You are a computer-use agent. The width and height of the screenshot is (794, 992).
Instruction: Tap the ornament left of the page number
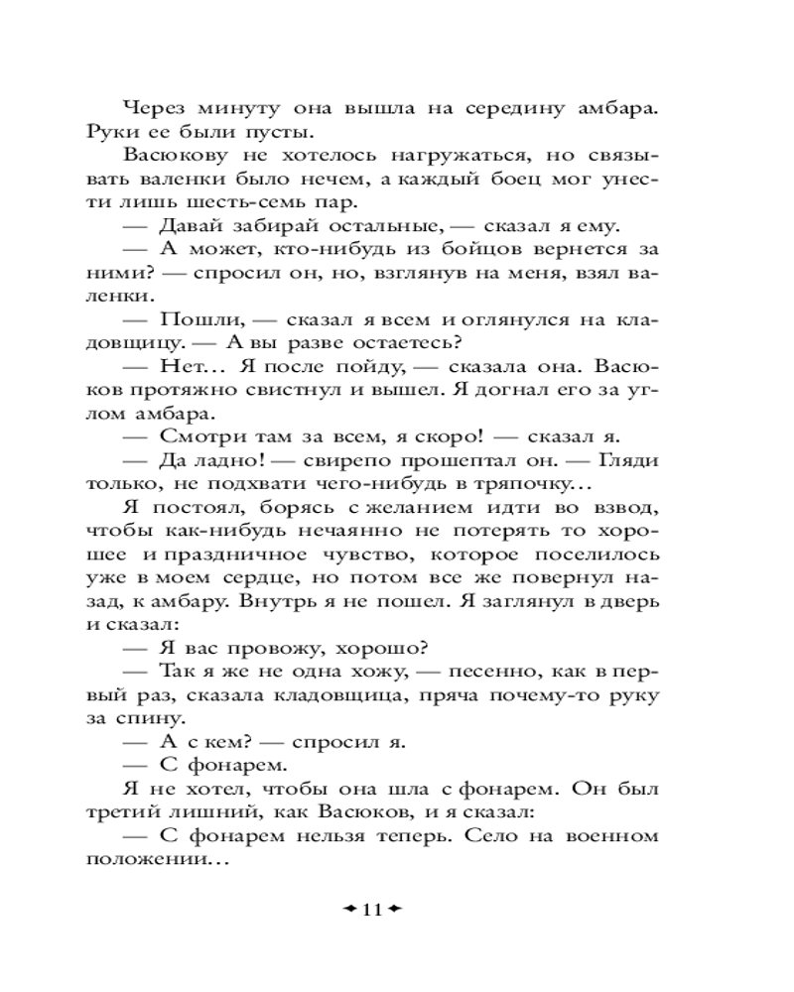[350, 909]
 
